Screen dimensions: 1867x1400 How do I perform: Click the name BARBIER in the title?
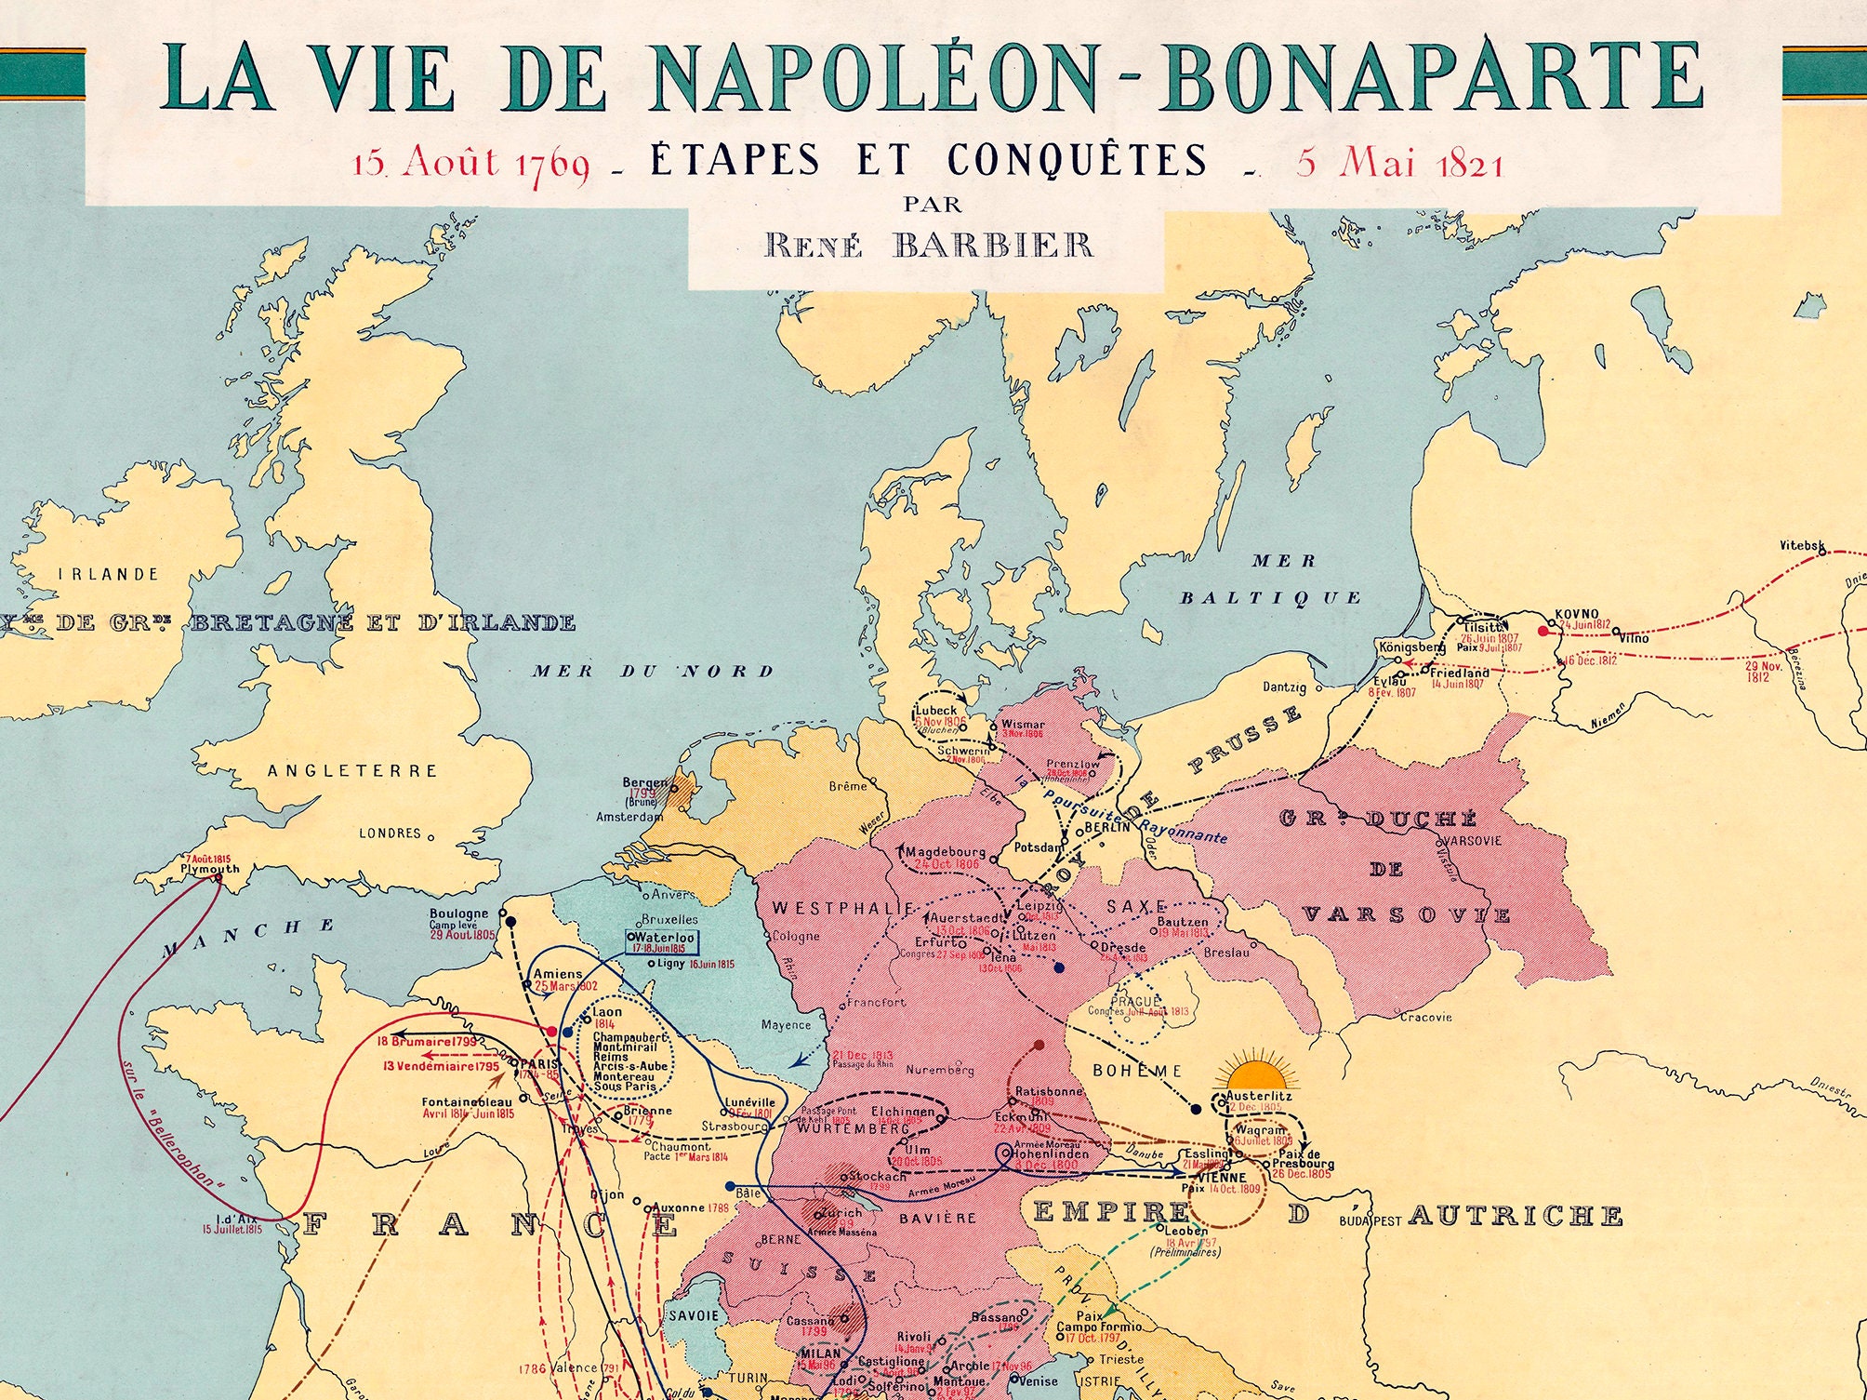pos(992,246)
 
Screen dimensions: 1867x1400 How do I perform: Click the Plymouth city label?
pos(210,870)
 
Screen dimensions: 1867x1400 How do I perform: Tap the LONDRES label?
pos(390,833)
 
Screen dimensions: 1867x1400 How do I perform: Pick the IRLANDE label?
pos(109,574)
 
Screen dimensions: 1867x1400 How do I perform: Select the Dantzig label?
pos(1284,688)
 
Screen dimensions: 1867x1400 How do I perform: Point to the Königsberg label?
pos(1411,647)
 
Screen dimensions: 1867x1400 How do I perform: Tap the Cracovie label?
pos(1425,1017)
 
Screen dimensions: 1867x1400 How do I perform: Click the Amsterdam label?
pos(629,817)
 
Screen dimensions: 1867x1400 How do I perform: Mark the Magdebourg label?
pos(945,851)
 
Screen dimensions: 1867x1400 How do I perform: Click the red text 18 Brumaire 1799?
pos(427,1042)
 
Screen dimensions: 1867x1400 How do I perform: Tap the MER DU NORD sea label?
pos(653,671)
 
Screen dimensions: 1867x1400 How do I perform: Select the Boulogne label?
pos(458,914)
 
